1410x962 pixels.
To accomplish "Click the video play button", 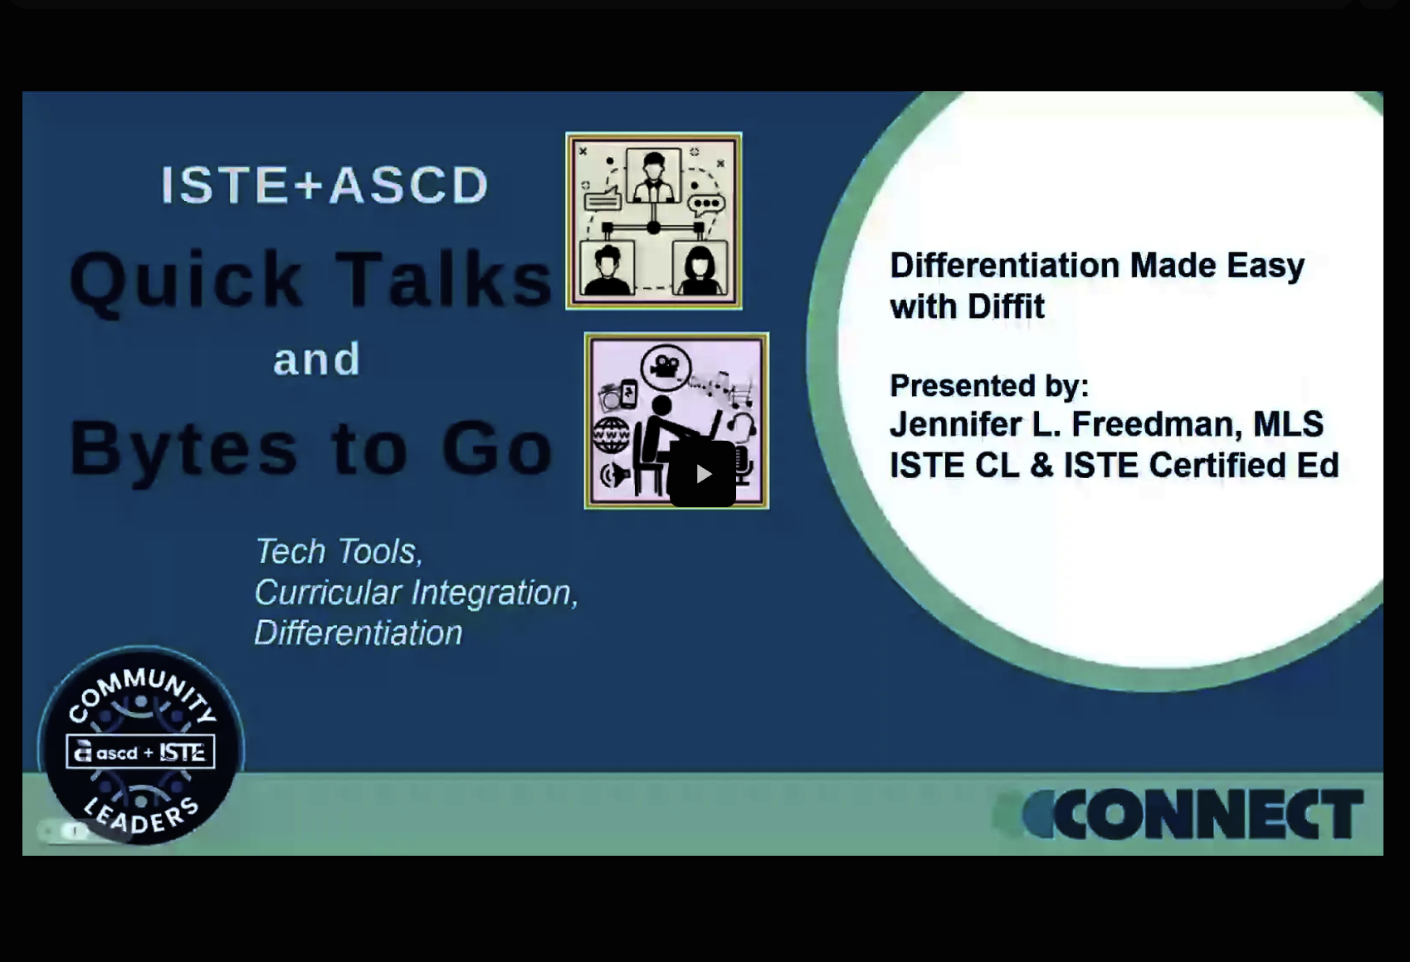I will point(702,474).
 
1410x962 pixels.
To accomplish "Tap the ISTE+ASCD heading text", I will point(324,184).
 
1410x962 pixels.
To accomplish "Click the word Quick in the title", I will point(187,280).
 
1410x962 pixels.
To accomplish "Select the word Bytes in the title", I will point(183,449).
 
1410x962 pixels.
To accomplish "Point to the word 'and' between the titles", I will point(317,359).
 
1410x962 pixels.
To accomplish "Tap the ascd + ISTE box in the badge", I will point(141,752).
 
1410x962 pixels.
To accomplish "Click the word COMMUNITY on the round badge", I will point(142,688).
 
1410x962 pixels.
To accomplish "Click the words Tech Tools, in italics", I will point(339,551).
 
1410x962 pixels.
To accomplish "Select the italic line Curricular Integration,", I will point(416,592).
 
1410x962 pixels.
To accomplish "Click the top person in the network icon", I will point(653,175).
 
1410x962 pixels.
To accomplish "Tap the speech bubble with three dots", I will point(706,203).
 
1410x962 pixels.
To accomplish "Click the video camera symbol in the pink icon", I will point(666,366).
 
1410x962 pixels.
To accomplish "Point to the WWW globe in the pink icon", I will point(611,434).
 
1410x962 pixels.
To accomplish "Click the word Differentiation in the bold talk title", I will point(1003,266).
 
